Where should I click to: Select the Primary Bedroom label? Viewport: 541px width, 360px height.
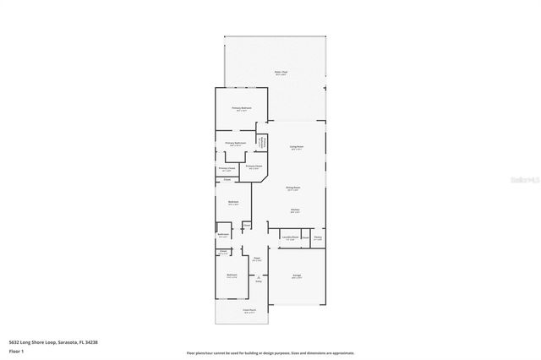242,109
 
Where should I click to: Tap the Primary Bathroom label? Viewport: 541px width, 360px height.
235,145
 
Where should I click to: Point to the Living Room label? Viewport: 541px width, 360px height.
297,147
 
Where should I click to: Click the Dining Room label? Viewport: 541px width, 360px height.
292,188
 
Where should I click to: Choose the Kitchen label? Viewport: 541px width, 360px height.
296,210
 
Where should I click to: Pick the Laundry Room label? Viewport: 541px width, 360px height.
289,237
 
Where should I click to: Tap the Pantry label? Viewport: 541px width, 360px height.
318,237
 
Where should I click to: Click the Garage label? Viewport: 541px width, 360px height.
297,276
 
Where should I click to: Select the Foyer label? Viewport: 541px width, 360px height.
256,259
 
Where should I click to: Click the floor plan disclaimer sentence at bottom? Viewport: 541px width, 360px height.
270,352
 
